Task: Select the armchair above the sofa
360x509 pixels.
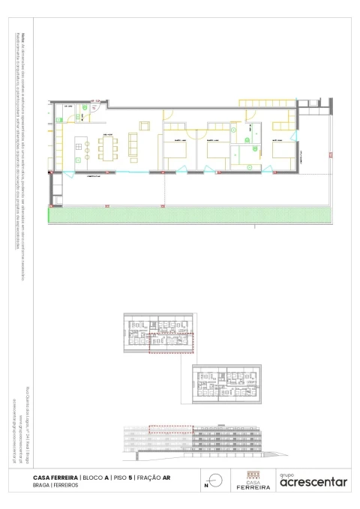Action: [143, 127]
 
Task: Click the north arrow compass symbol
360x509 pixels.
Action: [215, 480]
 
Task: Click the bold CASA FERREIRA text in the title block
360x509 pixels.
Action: [55, 477]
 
